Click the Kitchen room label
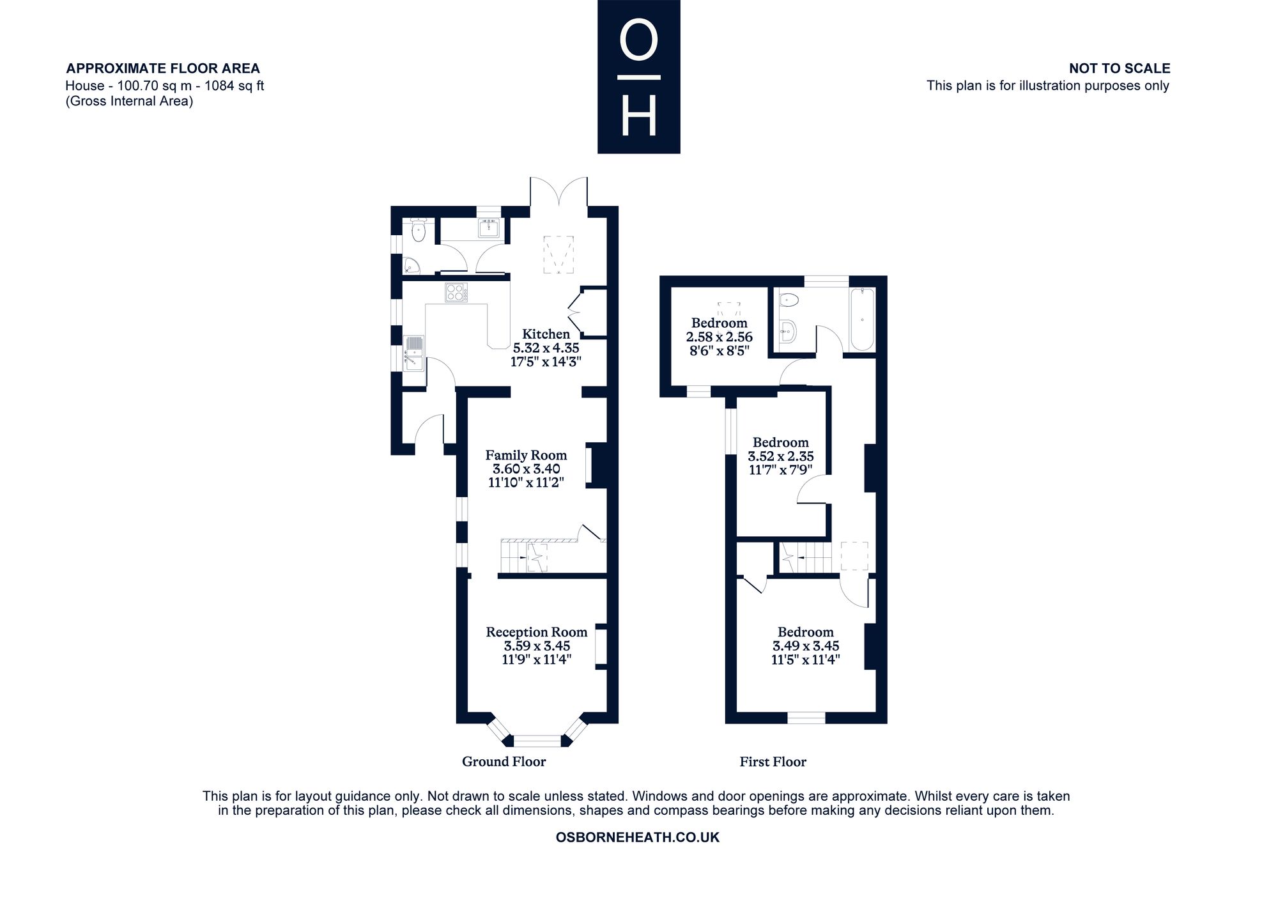[x=546, y=334]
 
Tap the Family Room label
[x=526, y=455]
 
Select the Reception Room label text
[x=537, y=632]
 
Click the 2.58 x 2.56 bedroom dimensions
[x=720, y=337]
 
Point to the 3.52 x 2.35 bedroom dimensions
[x=781, y=456]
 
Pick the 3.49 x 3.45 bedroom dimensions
[x=806, y=646]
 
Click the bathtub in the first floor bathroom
[x=862, y=320]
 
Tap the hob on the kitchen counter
[x=456, y=292]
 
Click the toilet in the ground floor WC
[x=419, y=231]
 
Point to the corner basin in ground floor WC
[x=410, y=265]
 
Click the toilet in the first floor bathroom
[x=789, y=299]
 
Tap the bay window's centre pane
[x=537, y=741]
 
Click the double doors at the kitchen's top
[x=558, y=192]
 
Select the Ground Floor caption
[x=504, y=762]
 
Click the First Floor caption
[x=773, y=762]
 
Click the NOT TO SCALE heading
[x=1120, y=68]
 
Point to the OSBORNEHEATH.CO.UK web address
[x=638, y=837]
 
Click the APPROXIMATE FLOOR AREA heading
[x=163, y=68]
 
